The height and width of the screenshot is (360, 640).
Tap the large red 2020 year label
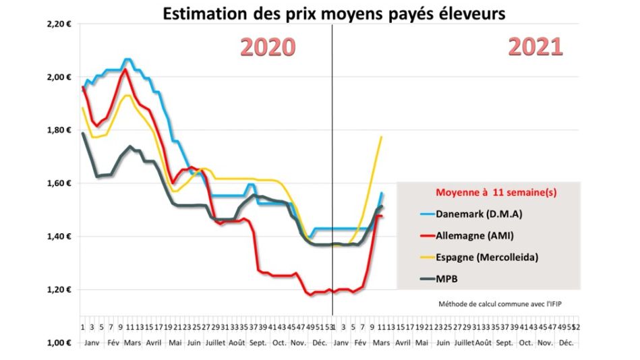pos(268,47)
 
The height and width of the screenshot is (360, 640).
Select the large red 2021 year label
pos(535,47)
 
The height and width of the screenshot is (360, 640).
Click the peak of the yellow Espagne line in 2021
pos(382,137)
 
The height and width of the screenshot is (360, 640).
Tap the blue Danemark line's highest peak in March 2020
pos(128,59)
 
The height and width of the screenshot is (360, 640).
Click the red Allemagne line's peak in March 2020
pos(124,69)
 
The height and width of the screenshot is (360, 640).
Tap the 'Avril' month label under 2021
pos(403,342)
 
